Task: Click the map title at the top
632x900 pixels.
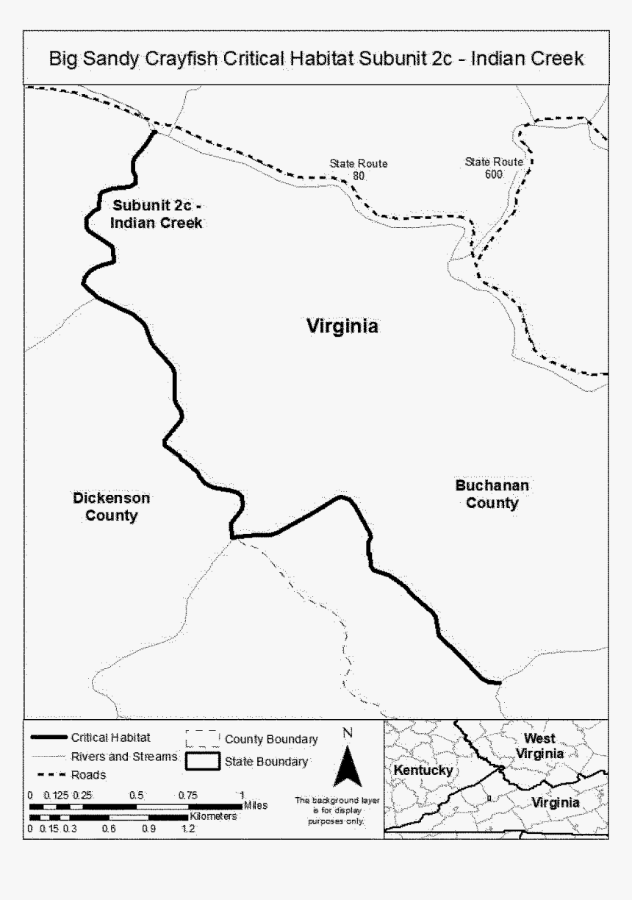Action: [x=316, y=58]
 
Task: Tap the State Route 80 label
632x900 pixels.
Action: [x=358, y=170]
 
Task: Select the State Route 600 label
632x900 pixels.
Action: [x=494, y=168]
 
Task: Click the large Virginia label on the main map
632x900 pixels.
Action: [x=342, y=326]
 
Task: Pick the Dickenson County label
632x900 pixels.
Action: [x=111, y=507]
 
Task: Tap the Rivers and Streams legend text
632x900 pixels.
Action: [x=124, y=756]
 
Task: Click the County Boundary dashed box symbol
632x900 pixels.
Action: [x=204, y=738]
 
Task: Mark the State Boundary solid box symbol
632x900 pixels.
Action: [x=204, y=762]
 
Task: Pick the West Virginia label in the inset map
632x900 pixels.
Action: [x=539, y=746]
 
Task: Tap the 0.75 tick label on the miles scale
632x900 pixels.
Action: [x=188, y=795]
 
